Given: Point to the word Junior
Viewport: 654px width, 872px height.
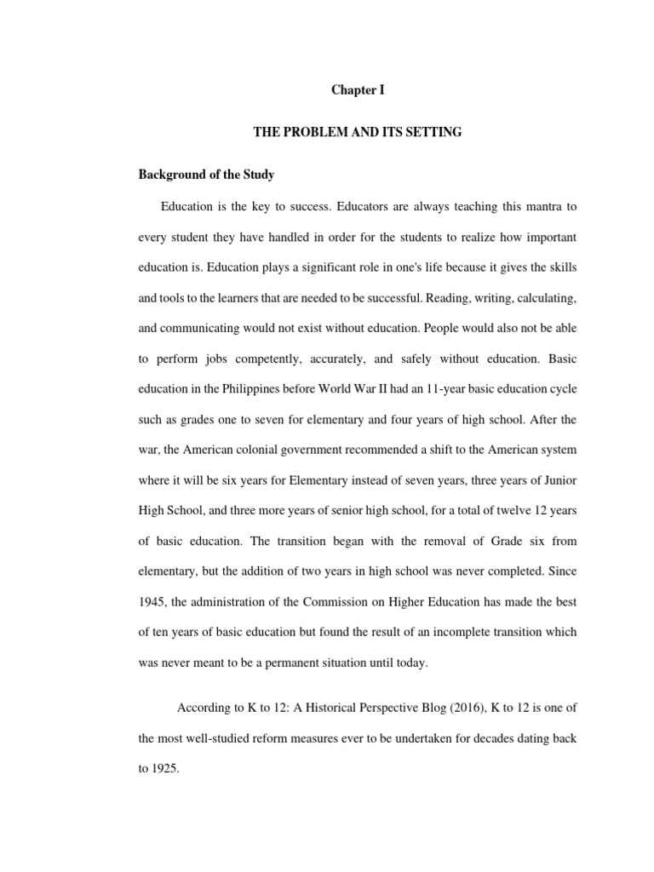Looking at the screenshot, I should (560, 481).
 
